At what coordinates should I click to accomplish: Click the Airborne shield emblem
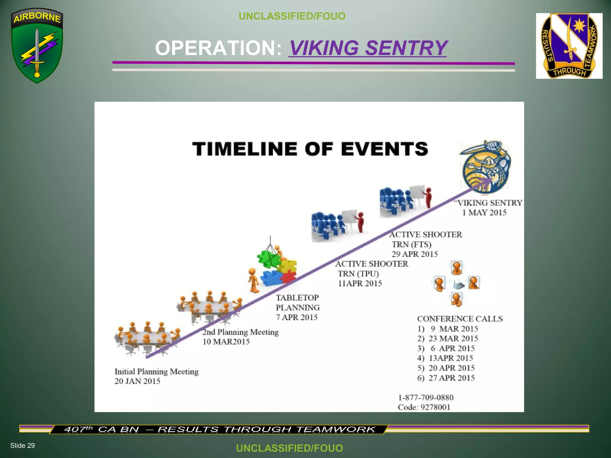37,45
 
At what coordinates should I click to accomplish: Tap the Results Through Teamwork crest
569,46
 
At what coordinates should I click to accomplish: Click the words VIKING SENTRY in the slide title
368,48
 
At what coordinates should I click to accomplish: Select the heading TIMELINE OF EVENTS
310,149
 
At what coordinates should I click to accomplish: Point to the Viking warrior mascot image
486,167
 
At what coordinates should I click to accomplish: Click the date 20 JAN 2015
137,381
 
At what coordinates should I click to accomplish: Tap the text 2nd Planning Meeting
240,332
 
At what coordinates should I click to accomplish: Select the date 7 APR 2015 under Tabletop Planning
297,317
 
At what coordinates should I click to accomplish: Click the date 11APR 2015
360,283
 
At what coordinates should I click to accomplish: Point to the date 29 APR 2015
414,254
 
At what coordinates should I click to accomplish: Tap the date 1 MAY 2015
484,213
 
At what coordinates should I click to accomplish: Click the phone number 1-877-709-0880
426,397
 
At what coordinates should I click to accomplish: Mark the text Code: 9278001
424,407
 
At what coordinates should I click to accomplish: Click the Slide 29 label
22,445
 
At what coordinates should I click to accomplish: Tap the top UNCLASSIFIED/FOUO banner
292,16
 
